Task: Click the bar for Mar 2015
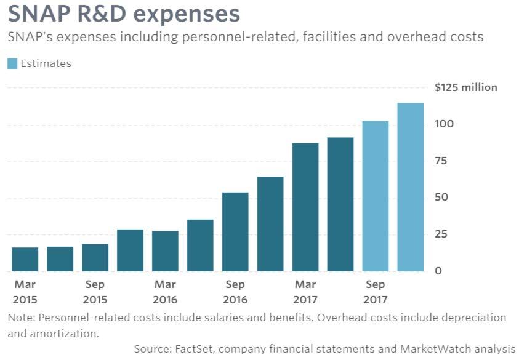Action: (x=25, y=259)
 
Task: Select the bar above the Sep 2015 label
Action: (x=95, y=258)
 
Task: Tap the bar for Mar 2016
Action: (x=165, y=251)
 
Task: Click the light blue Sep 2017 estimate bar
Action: (x=376, y=196)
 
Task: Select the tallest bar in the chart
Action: (x=411, y=187)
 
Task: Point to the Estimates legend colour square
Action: (x=12, y=63)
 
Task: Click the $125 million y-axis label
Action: (x=465, y=87)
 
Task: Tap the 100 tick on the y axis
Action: (x=445, y=124)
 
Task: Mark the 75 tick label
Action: (x=441, y=161)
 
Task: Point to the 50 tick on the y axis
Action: (x=441, y=198)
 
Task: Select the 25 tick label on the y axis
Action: (x=441, y=234)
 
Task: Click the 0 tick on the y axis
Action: (x=438, y=271)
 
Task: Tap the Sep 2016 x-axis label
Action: (x=235, y=292)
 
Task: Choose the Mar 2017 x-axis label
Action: (x=305, y=292)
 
